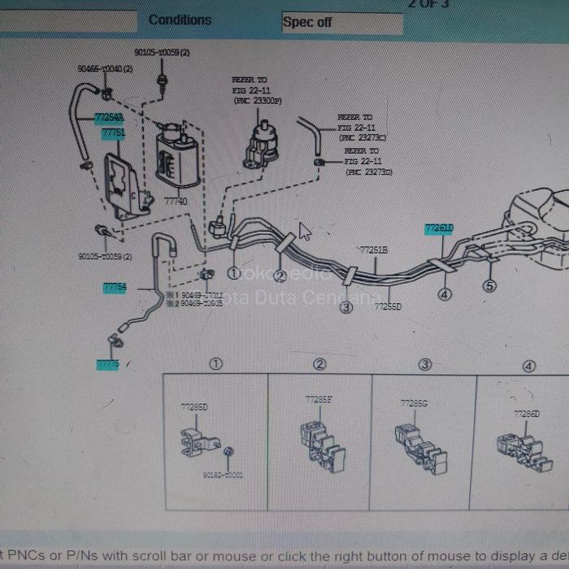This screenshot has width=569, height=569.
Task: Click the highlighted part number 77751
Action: coord(113,132)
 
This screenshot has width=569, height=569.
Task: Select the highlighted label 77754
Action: coord(114,287)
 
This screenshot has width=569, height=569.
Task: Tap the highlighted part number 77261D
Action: coord(439,229)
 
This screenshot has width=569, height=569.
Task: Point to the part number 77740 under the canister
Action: coord(175,201)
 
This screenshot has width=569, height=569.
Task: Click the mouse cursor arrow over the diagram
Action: coord(304,231)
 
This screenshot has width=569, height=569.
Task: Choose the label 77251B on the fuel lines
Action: coord(374,250)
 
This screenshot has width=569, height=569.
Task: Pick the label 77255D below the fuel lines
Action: coord(388,306)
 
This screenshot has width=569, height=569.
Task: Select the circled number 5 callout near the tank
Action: coord(489,285)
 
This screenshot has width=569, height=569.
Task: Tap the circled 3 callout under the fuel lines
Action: coord(345,306)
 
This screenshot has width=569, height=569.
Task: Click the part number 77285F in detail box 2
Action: coord(318,399)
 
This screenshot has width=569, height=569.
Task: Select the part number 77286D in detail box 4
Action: coord(526,414)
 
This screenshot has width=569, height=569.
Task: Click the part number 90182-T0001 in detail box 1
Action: coord(222,475)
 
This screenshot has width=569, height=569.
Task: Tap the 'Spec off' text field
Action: coord(341,23)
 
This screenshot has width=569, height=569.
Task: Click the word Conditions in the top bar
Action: coord(180,20)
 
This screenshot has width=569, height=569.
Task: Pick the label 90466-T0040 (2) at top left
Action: coord(105,69)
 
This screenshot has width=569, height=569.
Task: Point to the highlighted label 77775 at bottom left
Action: coord(107,365)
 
